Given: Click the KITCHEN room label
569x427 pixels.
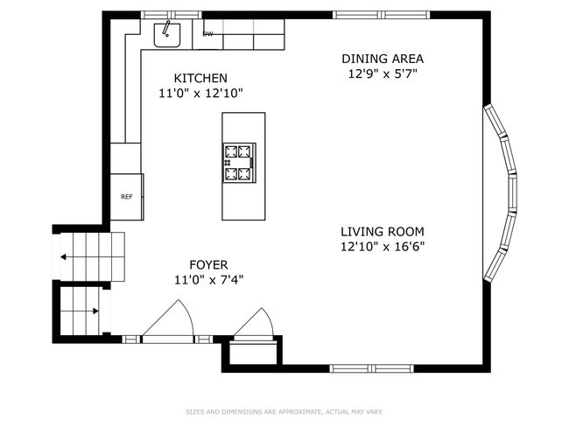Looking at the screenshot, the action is pyautogui.click(x=200, y=78).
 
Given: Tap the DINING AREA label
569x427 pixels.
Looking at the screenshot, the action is pyautogui.click(x=383, y=59).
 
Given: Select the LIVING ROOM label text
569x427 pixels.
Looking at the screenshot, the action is pyautogui.click(x=383, y=232).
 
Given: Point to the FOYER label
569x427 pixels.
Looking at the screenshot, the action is pyautogui.click(x=208, y=265).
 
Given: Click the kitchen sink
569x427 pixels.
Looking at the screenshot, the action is pyautogui.click(x=167, y=35).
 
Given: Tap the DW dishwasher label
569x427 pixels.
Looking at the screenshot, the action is pyautogui.click(x=208, y=34).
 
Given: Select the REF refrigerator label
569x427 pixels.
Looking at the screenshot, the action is pyautogui.click(x=127, y=197).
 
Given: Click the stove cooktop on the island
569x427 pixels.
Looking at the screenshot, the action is pyautogui.click(x=239, y=163).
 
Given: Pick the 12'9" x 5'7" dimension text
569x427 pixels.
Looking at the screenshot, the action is pyautogui.click(x=383, y=74).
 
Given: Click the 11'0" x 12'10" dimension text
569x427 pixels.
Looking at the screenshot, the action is pyautogui.click(x=200, y=94).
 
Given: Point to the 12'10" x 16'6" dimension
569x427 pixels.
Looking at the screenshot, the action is pyautogui.click(x=383, y=247).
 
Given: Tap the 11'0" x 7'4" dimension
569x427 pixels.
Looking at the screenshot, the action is pyautogui.click(x=208, y=280).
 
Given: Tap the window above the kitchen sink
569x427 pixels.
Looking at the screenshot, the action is pyautogui.click(x=172, y=15).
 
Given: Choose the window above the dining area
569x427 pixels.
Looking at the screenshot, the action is pyautogui.click(x=382, y=15).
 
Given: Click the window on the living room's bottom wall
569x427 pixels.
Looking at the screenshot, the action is pyautogui.click(x=371, y=368).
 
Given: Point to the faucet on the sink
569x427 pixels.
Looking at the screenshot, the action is pyautogui.click(x=166, y=29).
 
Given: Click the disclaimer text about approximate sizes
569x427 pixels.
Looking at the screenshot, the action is pyautogui.click(x=284, y=412).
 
